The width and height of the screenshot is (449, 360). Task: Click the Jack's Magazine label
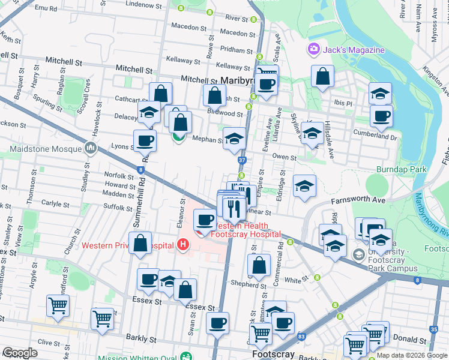[x=354, y=49]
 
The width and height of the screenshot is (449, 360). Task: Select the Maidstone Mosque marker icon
[x=91, y=146]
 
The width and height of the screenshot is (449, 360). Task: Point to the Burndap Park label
[x=401, y=169]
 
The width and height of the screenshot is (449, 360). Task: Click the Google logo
[x=20, y=353]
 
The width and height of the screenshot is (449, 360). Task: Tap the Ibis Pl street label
[x=343, y=103]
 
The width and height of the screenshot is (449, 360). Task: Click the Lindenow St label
[x=140, y=4]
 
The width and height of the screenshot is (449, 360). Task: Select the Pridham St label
[x=236, y=50]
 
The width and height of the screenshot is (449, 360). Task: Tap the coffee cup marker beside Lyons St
[x=145, y=140]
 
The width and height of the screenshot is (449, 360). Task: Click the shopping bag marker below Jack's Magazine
[x=322, y=76]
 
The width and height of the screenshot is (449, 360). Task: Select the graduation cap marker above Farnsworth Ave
[x=304, y=185]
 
